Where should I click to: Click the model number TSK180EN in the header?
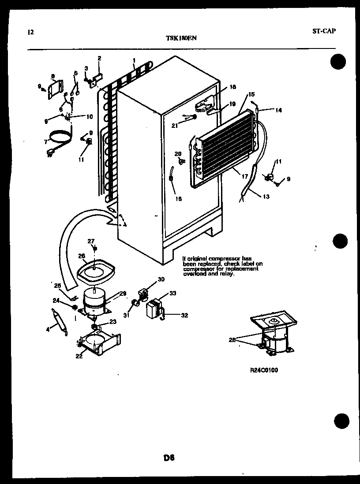pyautogui.click(x=181, y=38)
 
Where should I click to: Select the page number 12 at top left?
pyautogui.click(x=30, y=32)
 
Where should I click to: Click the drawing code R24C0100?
pyautogui.click(x=264, y=370)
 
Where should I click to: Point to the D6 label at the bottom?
pyautogui.click(x=169, y=458)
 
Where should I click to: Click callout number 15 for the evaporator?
pyautogui.click(x=251, y=94)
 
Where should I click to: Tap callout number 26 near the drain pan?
pyautogui.click(x=81, y=256)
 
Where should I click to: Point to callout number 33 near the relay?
pyautogui.click(x=172, y=294)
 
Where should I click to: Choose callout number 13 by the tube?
pyautogui.click(x=265, y=197)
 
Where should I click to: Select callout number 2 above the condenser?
pyautogui.click(x=99, y=58)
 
